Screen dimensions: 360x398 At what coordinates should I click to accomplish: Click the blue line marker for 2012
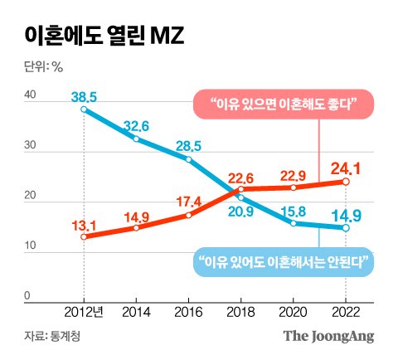coord(84,109)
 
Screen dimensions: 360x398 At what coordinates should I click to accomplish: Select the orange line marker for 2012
coord(84,236)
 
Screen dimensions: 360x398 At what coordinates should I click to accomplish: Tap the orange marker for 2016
coord(189,215)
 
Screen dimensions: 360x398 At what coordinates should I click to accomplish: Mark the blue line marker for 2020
coord(294,223)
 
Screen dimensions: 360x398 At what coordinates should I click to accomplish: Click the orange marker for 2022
coord(347,182)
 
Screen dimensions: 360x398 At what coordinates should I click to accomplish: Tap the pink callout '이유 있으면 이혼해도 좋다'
coord(283,106)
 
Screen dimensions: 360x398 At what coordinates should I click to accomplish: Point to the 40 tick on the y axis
coord(29,96)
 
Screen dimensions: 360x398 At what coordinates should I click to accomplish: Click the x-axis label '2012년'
coord(84,312)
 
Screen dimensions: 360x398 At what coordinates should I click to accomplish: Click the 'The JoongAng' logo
coord(329,336)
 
